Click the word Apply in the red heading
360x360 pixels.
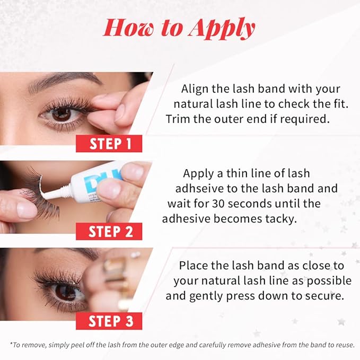pos(222,29)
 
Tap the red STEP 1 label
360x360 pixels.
pos(109,144)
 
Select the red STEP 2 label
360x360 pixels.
pos(109,231)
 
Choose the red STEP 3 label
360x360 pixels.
pos(109,321)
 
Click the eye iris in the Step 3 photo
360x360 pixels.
pos(65,292)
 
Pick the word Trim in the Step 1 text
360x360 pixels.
pos(178,119)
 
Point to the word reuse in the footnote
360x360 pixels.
pos(345,345)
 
